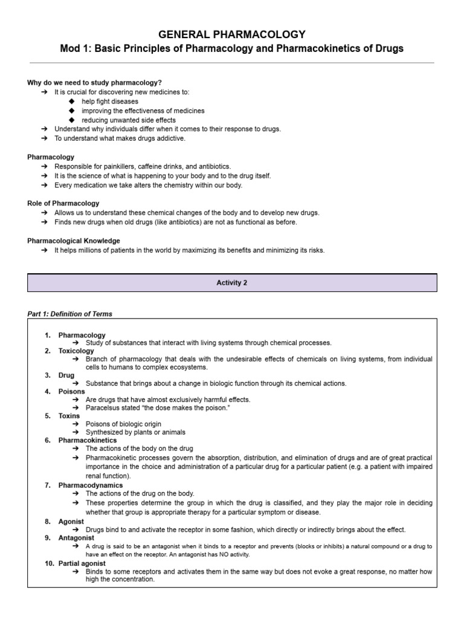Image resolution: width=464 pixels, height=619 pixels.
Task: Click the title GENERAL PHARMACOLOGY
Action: [232, 34]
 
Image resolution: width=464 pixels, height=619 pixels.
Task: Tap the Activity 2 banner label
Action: [232, 283]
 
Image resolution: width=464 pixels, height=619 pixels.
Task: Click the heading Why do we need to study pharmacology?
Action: [94, 83]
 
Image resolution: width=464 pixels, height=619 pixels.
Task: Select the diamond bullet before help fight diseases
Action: [72, 102]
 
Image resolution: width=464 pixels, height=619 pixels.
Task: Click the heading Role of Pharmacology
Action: [63, 203]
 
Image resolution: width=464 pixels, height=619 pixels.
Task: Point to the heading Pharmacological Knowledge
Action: [74, 241]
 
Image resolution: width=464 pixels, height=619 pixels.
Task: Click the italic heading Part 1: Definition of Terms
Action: [70, 314]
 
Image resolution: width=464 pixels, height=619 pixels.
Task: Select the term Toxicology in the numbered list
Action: [76, 351]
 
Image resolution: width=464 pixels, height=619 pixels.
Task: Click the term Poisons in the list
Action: [72, 392]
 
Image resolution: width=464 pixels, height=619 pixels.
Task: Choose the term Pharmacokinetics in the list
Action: [88, 440]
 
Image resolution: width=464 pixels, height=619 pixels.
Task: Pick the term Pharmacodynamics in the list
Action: [91, 485]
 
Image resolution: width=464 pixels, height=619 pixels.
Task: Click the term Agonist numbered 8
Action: [71, 521]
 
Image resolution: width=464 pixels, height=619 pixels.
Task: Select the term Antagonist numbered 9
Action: [76, 537]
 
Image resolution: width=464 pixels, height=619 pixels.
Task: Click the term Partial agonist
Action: [82, 563]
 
